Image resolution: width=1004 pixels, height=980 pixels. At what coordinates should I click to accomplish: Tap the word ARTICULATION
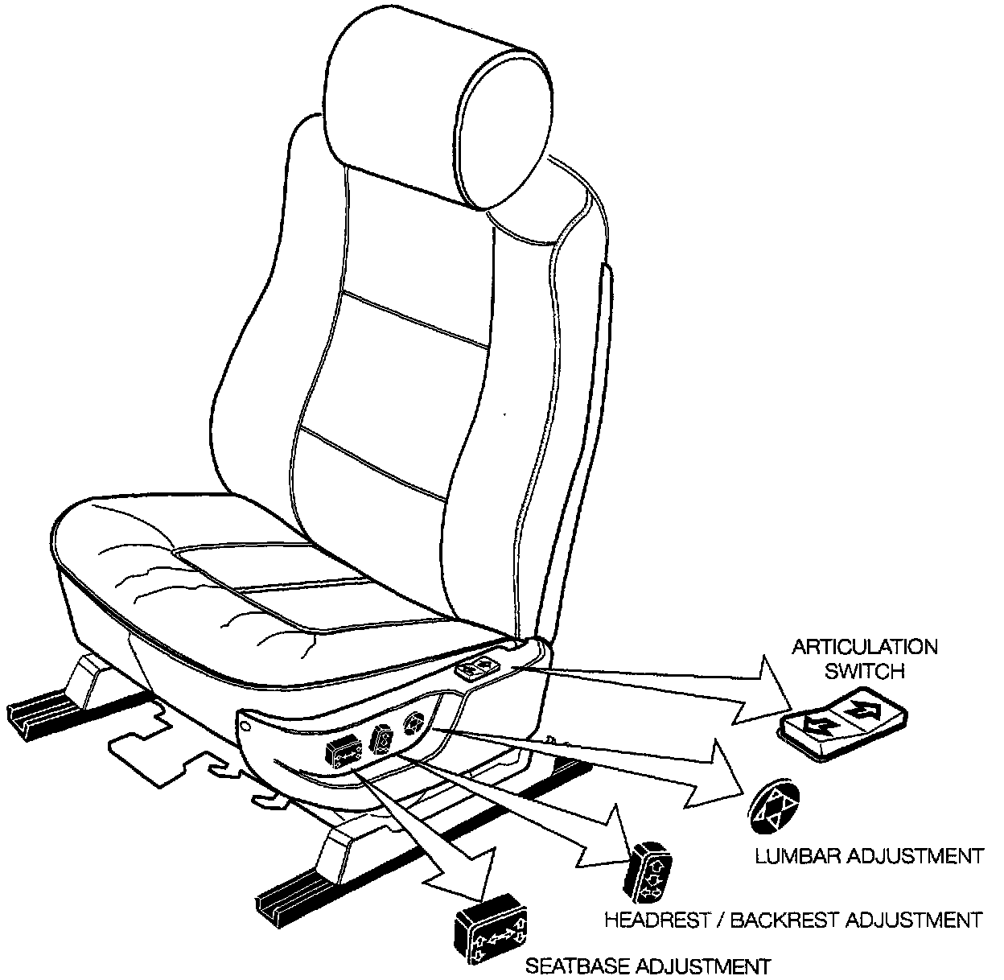tap(865, 647)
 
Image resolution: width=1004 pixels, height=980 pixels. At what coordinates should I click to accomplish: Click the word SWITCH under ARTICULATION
tap(865, 670)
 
